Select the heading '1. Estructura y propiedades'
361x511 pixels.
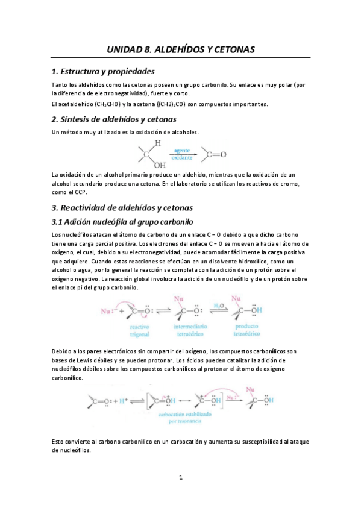(103, 71)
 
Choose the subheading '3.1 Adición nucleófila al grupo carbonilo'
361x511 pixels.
(122, 222)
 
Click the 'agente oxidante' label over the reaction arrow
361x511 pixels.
(183, 154)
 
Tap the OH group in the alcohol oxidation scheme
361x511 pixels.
(160, 164)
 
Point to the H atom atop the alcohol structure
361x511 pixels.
(157, 143)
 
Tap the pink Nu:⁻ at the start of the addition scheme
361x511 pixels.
(108, 312)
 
